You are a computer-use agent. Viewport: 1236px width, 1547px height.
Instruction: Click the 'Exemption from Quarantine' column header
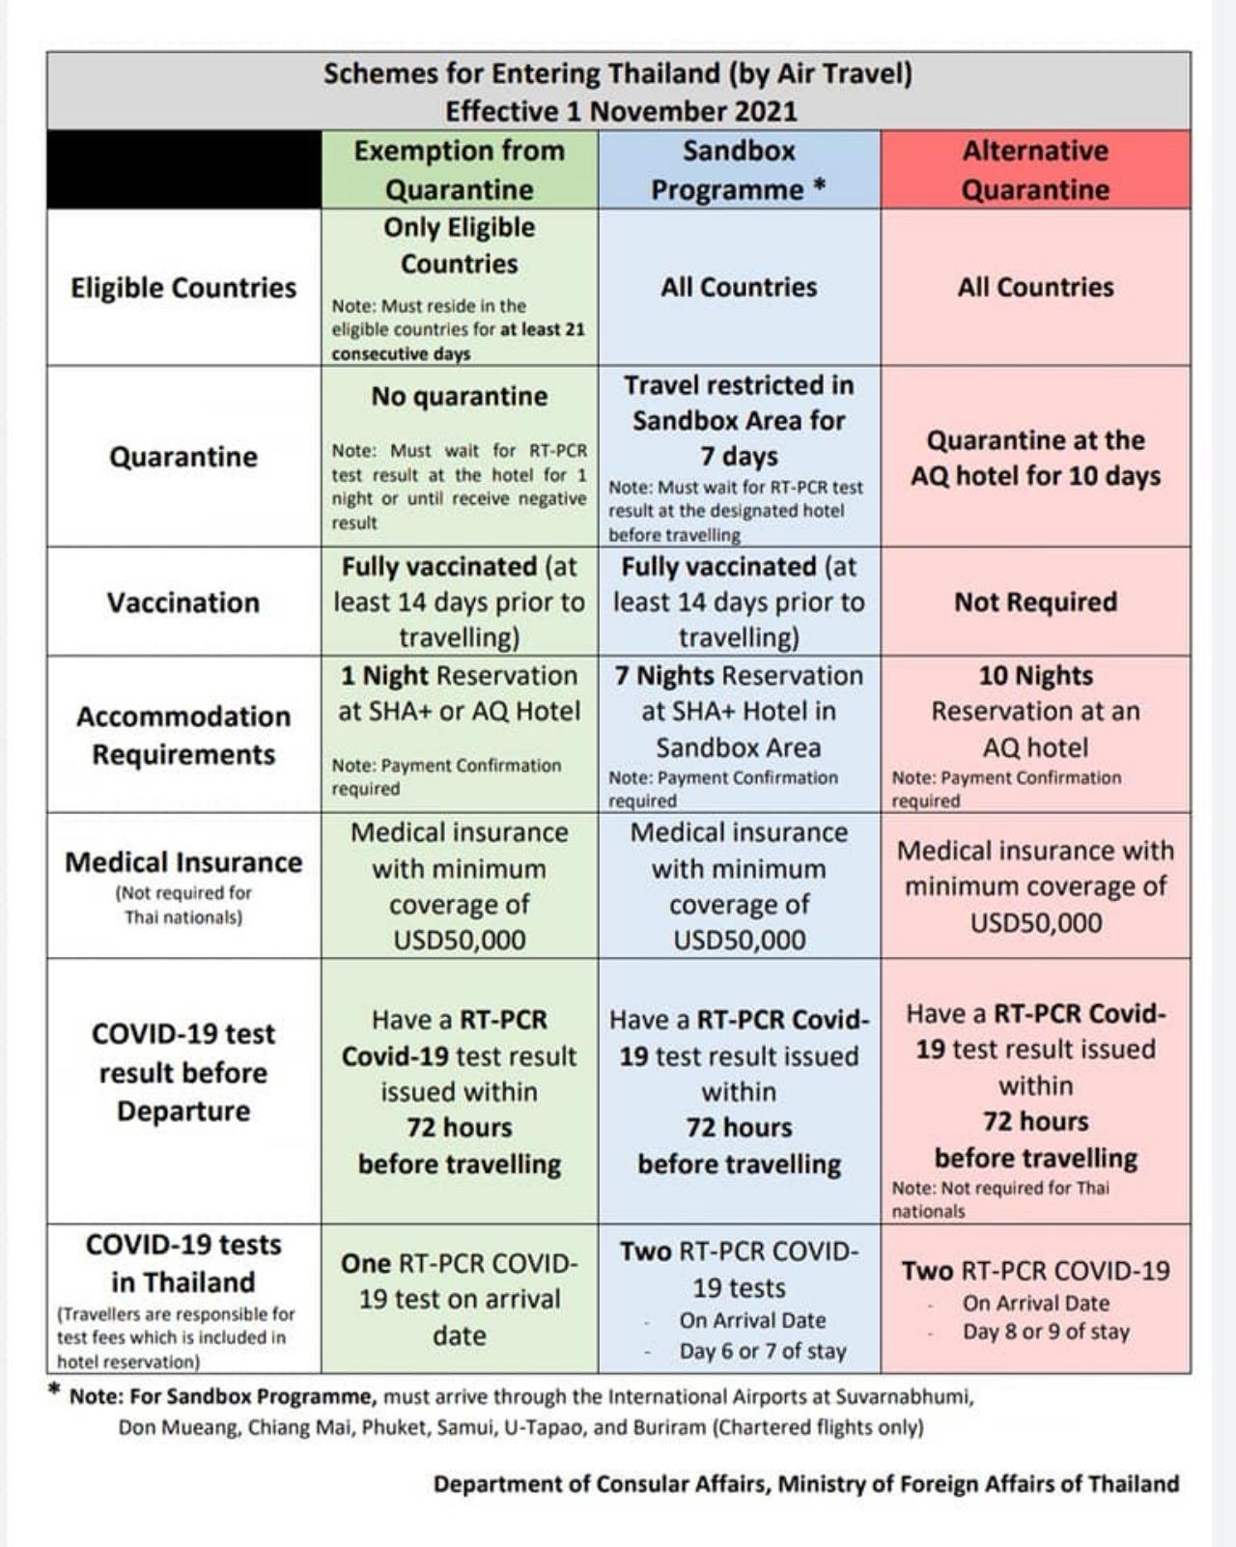tap(460, 170)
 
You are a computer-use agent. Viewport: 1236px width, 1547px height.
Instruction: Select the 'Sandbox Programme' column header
tap(739, 170)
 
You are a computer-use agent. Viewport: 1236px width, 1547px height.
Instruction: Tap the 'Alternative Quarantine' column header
tap(1035, 170)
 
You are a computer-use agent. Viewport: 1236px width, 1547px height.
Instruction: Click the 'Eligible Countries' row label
tap(183, 288)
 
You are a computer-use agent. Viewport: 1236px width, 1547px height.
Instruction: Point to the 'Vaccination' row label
tap(183, 603)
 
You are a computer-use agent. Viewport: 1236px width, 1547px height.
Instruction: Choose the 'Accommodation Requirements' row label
tap(183, 735)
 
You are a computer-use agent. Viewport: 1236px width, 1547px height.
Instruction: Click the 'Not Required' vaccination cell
tap(1035, 602)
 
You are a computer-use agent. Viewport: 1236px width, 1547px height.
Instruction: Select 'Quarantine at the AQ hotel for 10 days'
tap(1035, 458)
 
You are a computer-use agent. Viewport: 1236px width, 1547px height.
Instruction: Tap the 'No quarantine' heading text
tap(460, 396)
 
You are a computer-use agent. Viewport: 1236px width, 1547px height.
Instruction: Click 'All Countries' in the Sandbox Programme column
tap(739, 287)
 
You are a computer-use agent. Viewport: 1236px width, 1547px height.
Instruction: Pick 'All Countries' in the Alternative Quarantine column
tap(1035, 287)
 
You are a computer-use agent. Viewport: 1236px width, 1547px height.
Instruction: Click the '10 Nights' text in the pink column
tap(1035, 675)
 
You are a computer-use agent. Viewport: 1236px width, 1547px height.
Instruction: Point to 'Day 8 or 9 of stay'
tap(1046, 1332)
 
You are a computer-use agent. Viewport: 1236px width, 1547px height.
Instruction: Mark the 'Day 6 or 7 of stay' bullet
tap(763, 1351)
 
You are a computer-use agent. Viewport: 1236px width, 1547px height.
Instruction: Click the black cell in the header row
tap(183, 170)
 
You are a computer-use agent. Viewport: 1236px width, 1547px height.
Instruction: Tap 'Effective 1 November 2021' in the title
tap(621, 111)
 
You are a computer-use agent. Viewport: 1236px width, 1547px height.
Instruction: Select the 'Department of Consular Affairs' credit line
tap(805, 1484)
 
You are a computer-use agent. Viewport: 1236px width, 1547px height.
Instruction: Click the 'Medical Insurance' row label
tap(183, 861)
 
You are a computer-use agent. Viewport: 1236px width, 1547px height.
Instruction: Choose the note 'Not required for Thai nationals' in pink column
tap(1000, 1199)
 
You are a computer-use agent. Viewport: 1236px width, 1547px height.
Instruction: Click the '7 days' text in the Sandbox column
tap(739, 456)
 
